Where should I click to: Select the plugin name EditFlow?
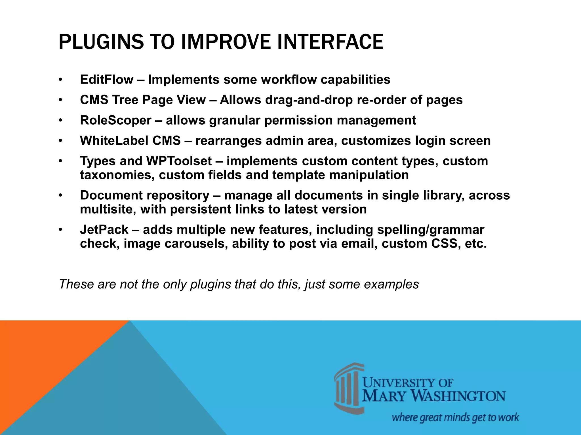[106, 80]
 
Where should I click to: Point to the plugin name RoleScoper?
[115, 120]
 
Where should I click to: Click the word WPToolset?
[179, 161]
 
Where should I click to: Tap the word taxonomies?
[117, 175]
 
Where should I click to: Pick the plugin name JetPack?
[104, 230]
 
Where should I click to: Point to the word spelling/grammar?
[430, 230]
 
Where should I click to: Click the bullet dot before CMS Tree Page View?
[60, 100]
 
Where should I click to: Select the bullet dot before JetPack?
[60, 230]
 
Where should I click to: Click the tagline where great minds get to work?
[455, 417]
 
